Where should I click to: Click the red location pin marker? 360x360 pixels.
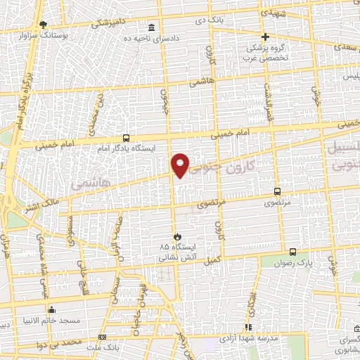[x=181, y=165]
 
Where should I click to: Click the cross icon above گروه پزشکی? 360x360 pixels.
[x=265, y=37]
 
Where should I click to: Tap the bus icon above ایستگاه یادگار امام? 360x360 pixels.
[x=126, y=138]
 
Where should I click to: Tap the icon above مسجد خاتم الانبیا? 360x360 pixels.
[x=49, y=309]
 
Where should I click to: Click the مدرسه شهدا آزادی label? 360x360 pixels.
[x=248, y=337]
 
